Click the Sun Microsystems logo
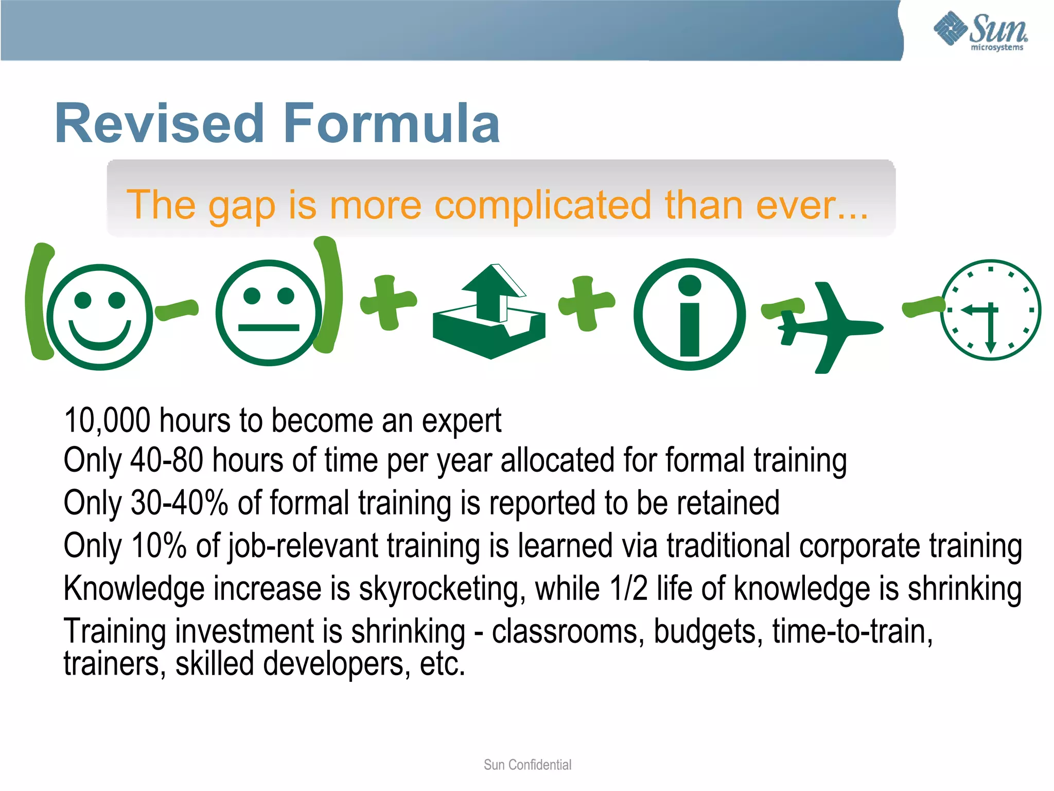coord(980,30)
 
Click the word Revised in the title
coord(160,124)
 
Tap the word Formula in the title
coord(391,124)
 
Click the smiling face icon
coord(100,316)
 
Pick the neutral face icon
coord(268,313)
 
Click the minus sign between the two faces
coord(177,309)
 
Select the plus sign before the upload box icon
coord(388,302)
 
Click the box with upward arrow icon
coord(489,313)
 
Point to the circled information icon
coord(690,314)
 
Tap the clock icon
coord(991,310)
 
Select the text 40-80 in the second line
coord(166,460)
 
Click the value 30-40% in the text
coord(179,503)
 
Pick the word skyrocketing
coord(442,589)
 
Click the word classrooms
coord(564,631)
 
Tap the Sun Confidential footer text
coord(527,765)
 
